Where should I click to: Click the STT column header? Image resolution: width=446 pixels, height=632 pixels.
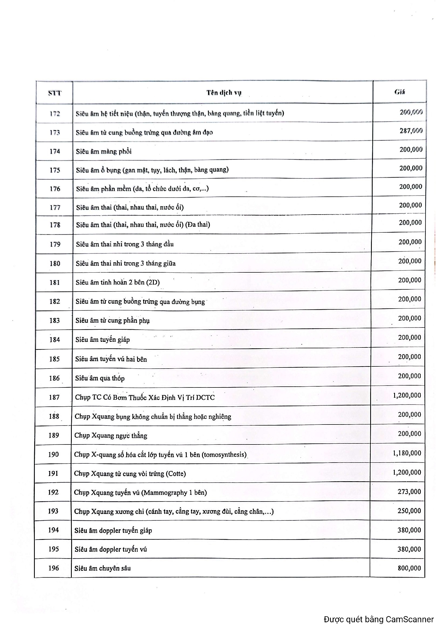55,93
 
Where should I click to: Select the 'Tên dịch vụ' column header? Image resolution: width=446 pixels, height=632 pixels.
224,93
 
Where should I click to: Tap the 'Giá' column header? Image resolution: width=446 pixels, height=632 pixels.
400,92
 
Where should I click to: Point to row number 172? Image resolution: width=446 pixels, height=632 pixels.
55,114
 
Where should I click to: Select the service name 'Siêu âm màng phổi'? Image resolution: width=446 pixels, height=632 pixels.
104,151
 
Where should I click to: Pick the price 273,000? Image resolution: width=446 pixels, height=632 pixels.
409,491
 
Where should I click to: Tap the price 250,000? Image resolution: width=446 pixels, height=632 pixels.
409,511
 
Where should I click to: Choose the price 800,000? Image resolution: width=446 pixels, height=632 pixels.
409,568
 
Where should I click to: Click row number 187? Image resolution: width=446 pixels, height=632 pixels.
54,397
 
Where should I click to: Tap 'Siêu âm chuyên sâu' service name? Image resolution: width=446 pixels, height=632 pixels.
103,568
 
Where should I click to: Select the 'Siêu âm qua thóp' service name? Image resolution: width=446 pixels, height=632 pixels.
100,378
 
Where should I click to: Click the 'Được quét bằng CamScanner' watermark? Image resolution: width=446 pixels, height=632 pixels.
379,620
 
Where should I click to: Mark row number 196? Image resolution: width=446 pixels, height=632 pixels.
54,568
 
